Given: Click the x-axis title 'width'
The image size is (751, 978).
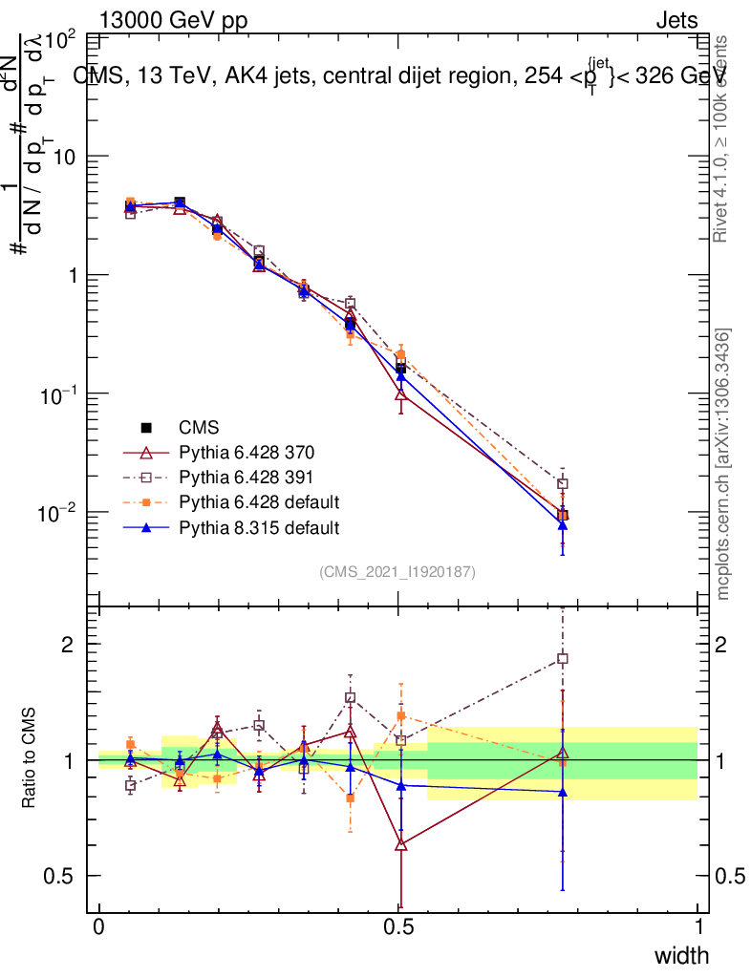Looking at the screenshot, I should pos(681,955).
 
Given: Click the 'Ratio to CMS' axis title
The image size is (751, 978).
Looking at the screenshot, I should pos(30,759).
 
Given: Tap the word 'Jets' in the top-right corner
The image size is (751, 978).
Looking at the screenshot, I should pos(676,21).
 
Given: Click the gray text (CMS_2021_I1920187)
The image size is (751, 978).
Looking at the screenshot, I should pos(397,572).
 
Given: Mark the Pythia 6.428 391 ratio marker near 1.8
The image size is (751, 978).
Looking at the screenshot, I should pos(563,659).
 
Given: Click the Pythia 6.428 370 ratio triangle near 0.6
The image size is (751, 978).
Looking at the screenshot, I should pos(401,844).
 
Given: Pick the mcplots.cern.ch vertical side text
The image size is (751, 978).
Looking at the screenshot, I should pos(723,463).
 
